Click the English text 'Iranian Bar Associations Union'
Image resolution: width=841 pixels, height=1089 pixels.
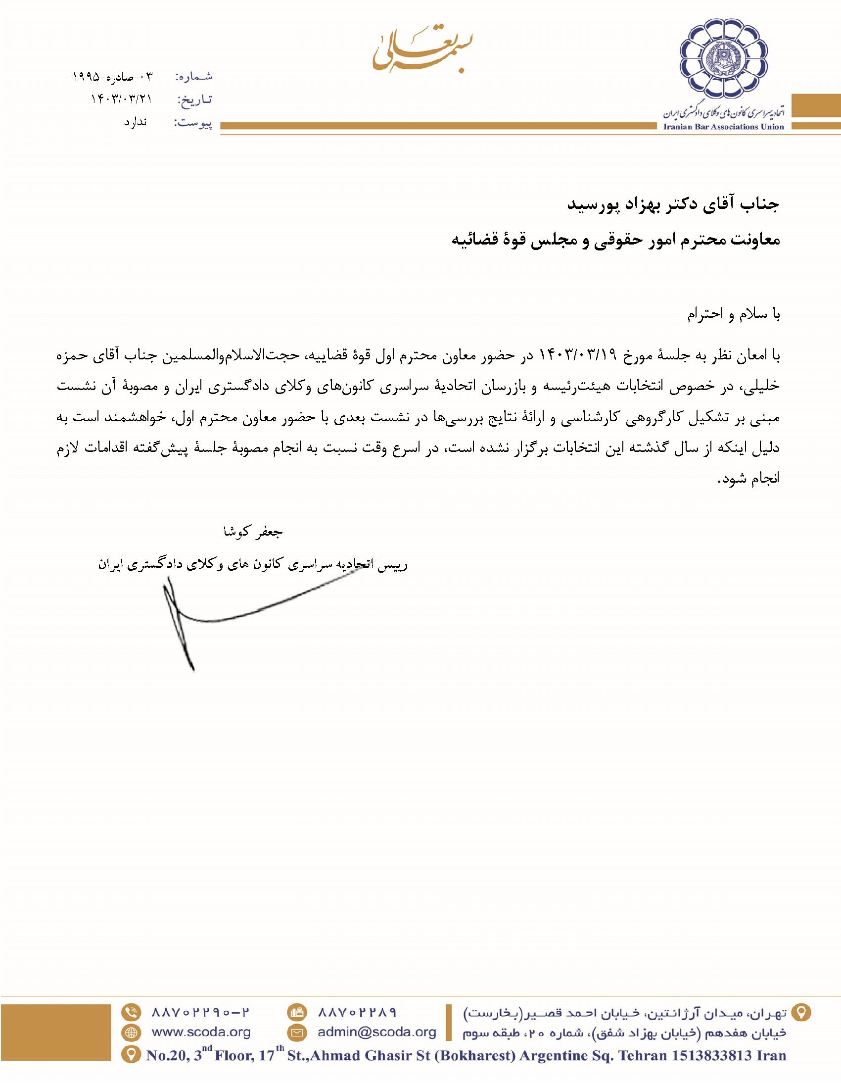point(723,127)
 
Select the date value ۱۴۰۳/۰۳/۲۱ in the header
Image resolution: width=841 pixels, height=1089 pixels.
point(121,99)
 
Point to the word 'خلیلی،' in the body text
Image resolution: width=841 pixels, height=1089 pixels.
point(760,387)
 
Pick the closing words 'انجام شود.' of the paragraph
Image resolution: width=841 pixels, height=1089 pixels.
point(748,479)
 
